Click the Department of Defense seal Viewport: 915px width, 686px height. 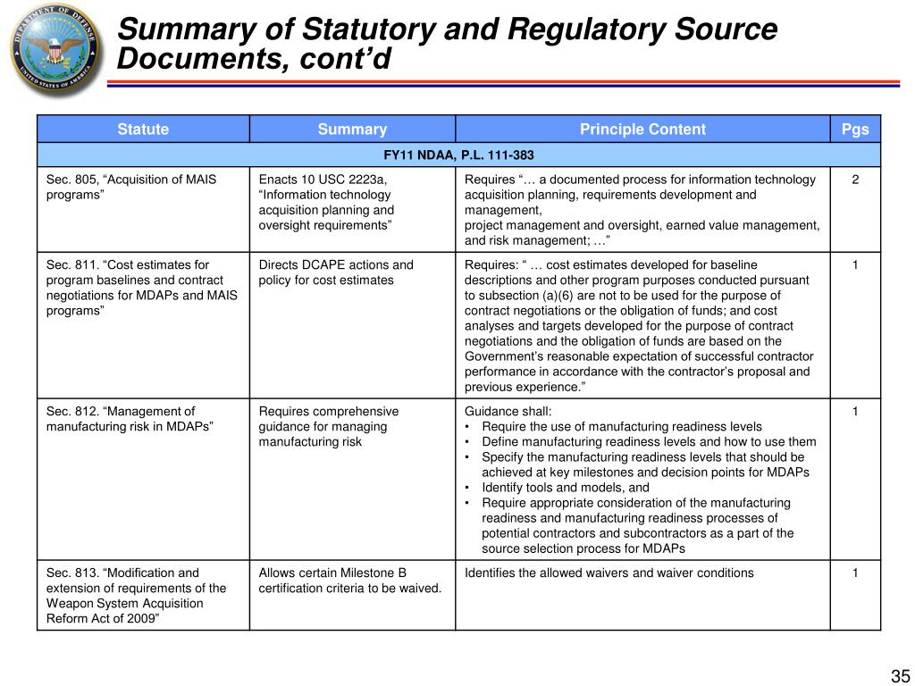52,50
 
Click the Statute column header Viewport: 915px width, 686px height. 143,130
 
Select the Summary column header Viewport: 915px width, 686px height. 352,130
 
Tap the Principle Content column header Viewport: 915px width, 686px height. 642,130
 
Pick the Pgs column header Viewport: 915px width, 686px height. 855,130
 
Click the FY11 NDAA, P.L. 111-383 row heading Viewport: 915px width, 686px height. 458,155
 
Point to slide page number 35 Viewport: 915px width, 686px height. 899,675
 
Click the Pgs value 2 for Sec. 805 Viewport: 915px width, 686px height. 855,180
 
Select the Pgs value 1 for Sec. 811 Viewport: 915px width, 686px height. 855,264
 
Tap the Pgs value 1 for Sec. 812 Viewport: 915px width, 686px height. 855,412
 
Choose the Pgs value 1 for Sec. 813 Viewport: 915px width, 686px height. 855,573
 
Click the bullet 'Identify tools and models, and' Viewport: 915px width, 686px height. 565,488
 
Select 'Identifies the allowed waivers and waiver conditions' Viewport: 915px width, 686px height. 609,573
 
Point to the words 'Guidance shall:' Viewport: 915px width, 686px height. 508,412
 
